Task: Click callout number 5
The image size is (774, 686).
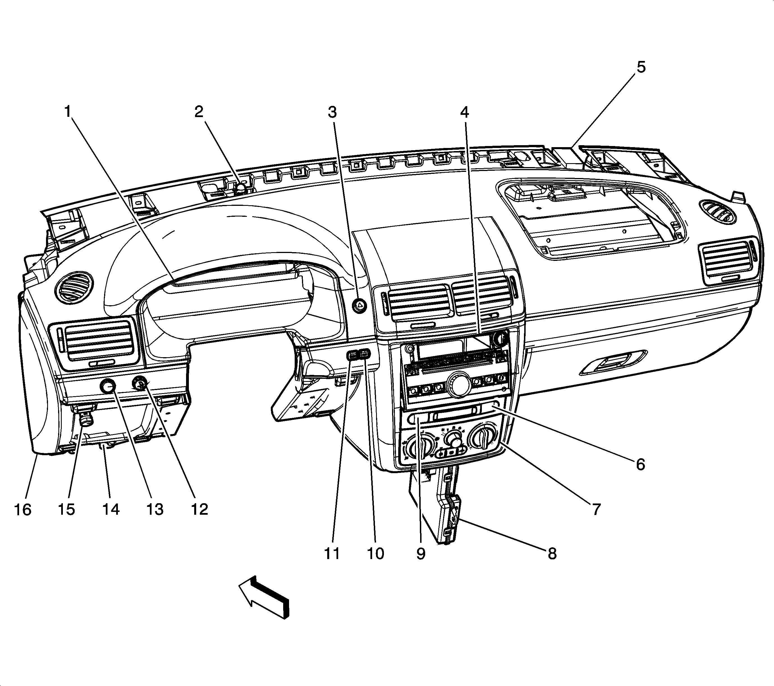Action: (x=641, y=67)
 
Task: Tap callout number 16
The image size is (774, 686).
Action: (x=22, y=509)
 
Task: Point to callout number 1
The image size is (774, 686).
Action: (x=68, y=112)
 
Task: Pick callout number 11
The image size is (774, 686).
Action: (x=332, y=553)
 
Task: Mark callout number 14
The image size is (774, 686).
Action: (x=111, y=509)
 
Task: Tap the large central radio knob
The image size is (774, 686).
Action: (x=458, y=386)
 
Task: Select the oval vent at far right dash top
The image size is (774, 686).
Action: (x=718, y=211)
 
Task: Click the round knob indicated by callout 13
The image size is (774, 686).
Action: (x=107, y=386)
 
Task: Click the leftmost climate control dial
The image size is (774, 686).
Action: (x=417, y=446)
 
